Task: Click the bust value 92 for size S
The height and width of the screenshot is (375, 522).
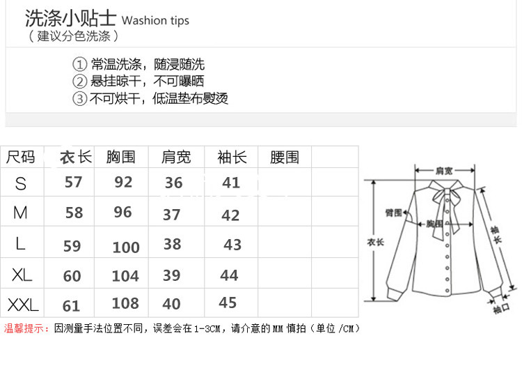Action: point(123,182)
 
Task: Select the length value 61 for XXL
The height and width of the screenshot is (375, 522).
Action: point(72,305)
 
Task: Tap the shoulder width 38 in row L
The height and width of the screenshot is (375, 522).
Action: point(172,244)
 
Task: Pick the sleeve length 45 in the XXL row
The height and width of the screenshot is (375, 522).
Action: point(228,303)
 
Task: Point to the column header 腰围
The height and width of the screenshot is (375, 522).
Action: point(284,158)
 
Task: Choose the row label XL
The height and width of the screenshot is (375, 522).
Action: point(22,275)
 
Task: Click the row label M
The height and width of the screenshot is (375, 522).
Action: point(20,213)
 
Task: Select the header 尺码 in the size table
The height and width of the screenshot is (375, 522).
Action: point(20,158)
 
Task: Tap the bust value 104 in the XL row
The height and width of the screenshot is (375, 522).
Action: point(125,276)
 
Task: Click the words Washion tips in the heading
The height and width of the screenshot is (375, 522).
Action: point(155,20)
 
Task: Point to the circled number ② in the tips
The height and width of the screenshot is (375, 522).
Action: point(80,82)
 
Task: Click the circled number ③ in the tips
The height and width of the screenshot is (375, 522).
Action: point(80,98)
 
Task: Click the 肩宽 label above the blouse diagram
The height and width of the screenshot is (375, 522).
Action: point(444,170)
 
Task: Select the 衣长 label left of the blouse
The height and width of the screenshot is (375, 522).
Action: point(375,243)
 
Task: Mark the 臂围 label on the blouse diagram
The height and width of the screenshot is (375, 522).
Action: point(394,213)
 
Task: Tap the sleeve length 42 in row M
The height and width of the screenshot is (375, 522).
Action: point(230,215)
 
